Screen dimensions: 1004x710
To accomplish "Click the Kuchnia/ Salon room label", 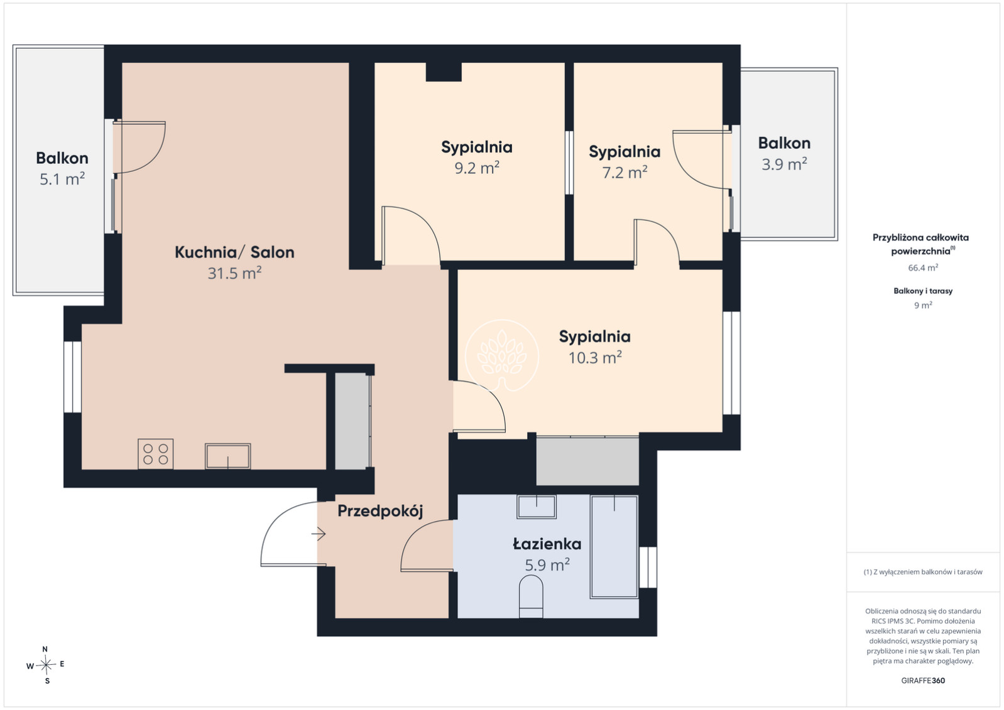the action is click(x=234, y=252).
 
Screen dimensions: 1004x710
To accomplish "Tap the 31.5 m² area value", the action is click(x=234, y=273).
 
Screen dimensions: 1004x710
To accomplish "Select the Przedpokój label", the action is click(x=380, y=510).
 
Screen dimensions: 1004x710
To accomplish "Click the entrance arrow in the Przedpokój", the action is click(x=319, y=534).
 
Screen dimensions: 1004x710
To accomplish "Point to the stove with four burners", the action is click(x=156, y=454).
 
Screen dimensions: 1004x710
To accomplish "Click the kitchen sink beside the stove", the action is click(x=227, y=456).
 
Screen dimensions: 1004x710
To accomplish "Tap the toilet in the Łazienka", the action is click(x=531, y=596).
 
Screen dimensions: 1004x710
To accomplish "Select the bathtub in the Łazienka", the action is click(x=614, y=547).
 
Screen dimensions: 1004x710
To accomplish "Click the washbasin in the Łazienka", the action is click(x=537, y=507).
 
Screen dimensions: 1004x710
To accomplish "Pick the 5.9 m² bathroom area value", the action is click(x=547, y=565).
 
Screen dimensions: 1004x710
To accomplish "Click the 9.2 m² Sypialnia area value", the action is click(x=477, y=168).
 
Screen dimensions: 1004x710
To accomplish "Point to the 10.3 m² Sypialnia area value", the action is click(x=595, y=357).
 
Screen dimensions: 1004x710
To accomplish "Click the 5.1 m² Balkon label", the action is click(x=62, y=179).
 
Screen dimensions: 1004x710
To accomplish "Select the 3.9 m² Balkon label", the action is click(x=784, y=164).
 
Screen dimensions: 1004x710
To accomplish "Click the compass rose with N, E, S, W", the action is click(x=46, y=665).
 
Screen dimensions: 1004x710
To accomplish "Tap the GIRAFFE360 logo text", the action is click(x=923, y=680).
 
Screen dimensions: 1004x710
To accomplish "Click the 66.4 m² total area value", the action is click(x=923, y=268).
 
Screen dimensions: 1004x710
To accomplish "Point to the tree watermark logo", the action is click(x=501, y=356).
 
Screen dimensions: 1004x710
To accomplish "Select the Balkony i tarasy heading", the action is click(x=923, y=291).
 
